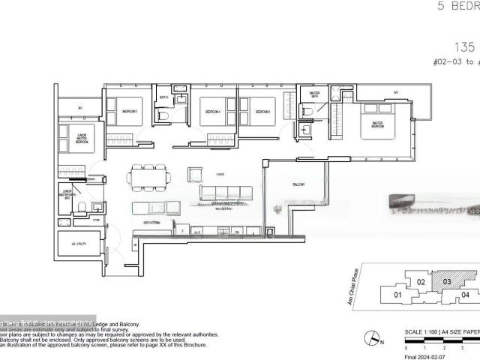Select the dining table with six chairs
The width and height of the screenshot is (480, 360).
pos(149,178)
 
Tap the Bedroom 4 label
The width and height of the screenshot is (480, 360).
pos(211,112)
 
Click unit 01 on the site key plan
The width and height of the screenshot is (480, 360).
pos(398,295)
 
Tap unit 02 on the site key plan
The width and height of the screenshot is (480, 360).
pos(421,282)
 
